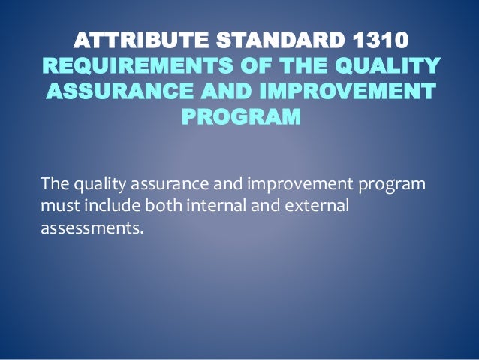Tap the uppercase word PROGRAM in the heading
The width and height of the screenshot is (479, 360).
click(x=240, y=119)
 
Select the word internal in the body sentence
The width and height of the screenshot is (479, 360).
click(x=215, y=204)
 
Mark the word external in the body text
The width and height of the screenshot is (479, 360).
click(x=318, y=204)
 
